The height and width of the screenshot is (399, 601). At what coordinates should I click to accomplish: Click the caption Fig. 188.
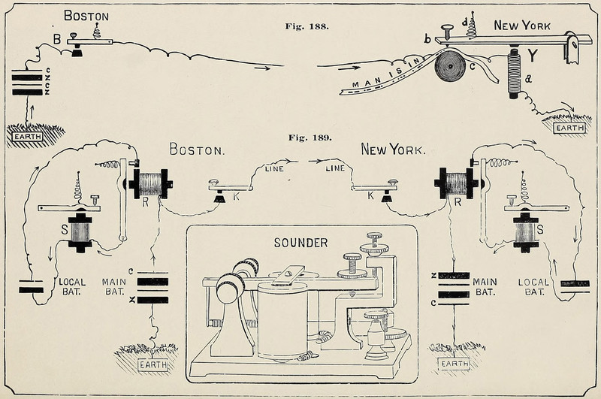click(308, 26)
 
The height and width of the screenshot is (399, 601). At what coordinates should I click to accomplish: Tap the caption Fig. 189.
click(308, 138)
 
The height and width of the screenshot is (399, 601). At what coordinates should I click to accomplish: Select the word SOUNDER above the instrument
click(300, 243)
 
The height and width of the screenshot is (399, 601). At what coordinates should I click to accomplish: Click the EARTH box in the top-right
click(569, 128)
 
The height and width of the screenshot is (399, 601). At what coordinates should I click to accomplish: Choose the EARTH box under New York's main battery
click(453, 364)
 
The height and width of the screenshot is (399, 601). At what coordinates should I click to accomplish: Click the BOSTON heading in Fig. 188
click(86, 16)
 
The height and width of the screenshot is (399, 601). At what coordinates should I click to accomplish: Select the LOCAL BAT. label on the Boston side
click(72, 286)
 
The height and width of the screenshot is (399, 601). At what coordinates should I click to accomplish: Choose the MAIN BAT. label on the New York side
click(484, 286)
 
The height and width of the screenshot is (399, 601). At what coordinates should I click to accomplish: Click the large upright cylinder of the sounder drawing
click(282, 319)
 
